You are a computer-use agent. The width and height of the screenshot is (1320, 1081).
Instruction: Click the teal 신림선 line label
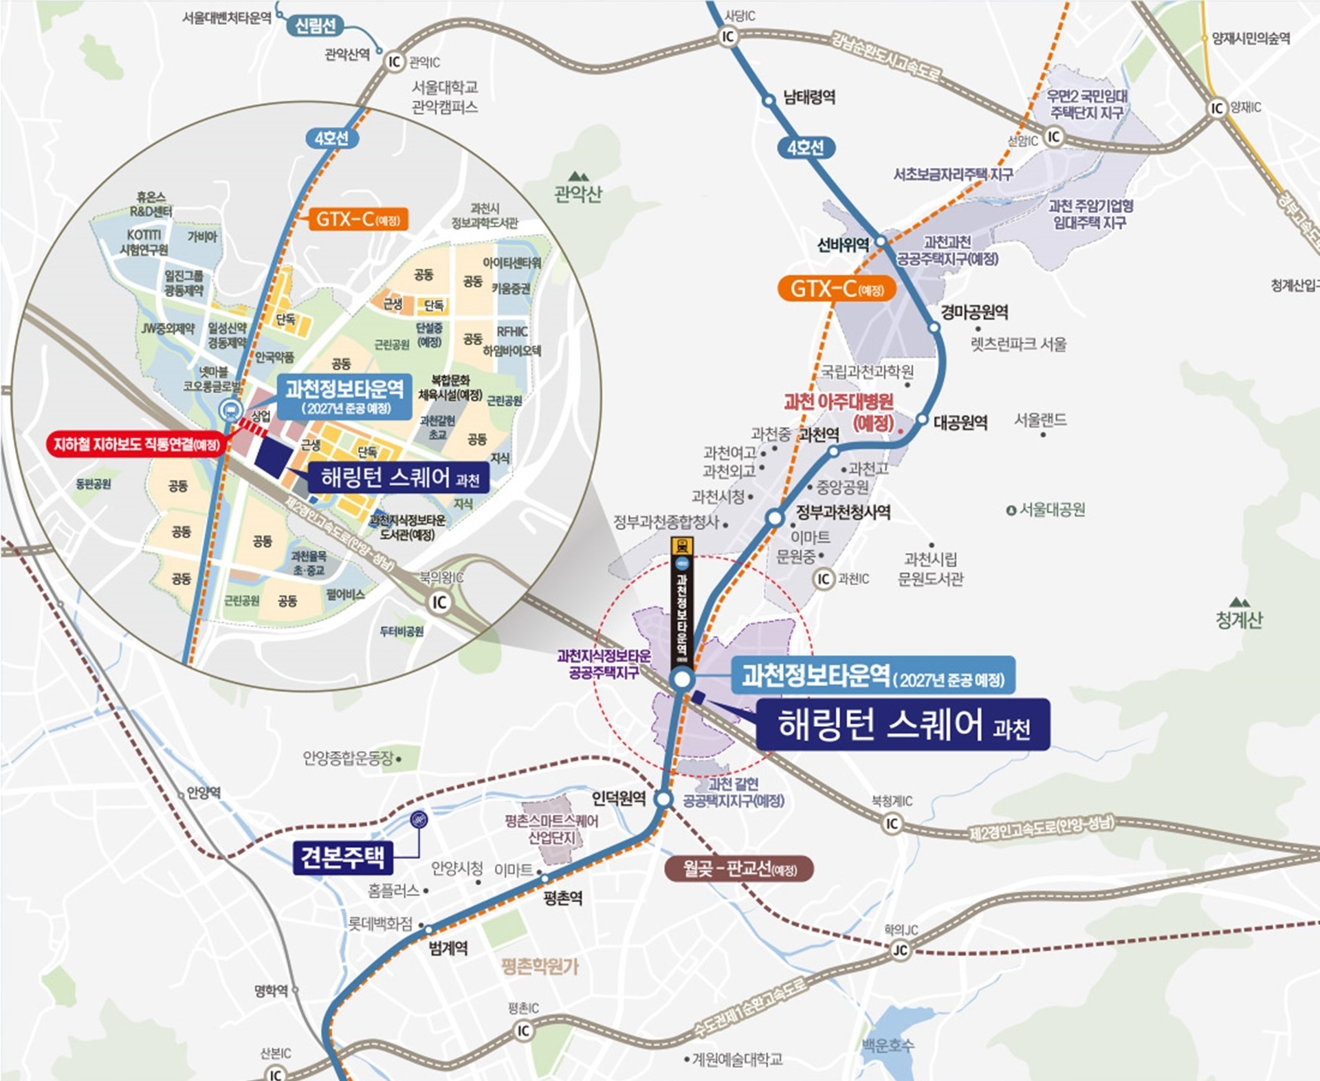[x=316, y=26]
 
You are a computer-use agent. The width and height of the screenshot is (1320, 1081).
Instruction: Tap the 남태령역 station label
[x=809, y=97]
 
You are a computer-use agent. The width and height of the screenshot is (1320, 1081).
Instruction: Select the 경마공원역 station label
[x=974, y=312]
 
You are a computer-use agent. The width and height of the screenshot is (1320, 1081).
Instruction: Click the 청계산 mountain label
[x=1239, y=620]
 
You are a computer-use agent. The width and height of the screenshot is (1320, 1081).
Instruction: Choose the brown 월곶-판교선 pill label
[x=739, y=869]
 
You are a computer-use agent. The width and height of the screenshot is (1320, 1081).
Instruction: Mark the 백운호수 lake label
[x=888, y=1046]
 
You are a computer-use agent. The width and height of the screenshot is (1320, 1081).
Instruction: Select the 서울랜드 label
[x=1040, y=419]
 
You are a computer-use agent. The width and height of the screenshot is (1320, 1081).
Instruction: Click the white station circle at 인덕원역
[x=663, y=799]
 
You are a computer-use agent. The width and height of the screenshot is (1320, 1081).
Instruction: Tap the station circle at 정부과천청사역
[x=775, y=518]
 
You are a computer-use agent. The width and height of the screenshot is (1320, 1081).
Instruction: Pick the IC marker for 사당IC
[x=727, y=36]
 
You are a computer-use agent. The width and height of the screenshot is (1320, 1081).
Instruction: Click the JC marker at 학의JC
[x=899, y=950]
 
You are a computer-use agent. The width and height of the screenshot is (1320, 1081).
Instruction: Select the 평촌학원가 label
[x=540, y=967]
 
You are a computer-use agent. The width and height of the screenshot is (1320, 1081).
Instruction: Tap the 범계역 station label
[x=448, y=948]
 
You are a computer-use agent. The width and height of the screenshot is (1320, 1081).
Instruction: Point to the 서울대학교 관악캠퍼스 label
[x=444, y=97]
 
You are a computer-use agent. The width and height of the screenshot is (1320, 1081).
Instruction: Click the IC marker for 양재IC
[x=1217, y=108]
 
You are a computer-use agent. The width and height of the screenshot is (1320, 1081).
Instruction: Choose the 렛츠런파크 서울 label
[x=1018, y=344]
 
